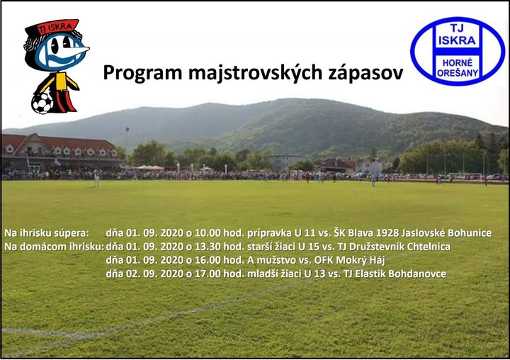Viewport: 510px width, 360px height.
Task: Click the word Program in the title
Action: [x=142, y=73]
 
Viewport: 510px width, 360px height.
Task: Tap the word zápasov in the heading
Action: [x=365, y=73]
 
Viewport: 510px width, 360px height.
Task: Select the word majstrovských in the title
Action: [x=255, y=73]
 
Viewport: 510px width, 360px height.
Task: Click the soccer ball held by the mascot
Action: [x=42, y=103]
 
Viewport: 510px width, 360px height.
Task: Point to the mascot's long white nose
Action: [x=78, y=50]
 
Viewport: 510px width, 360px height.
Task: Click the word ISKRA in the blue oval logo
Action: [x=457, y=40]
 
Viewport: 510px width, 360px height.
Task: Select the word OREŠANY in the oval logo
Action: [x=458, y=73]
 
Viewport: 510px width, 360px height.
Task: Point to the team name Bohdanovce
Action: [x=417, y=274]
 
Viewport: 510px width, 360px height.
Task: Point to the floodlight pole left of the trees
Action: [x=127, y=140]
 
